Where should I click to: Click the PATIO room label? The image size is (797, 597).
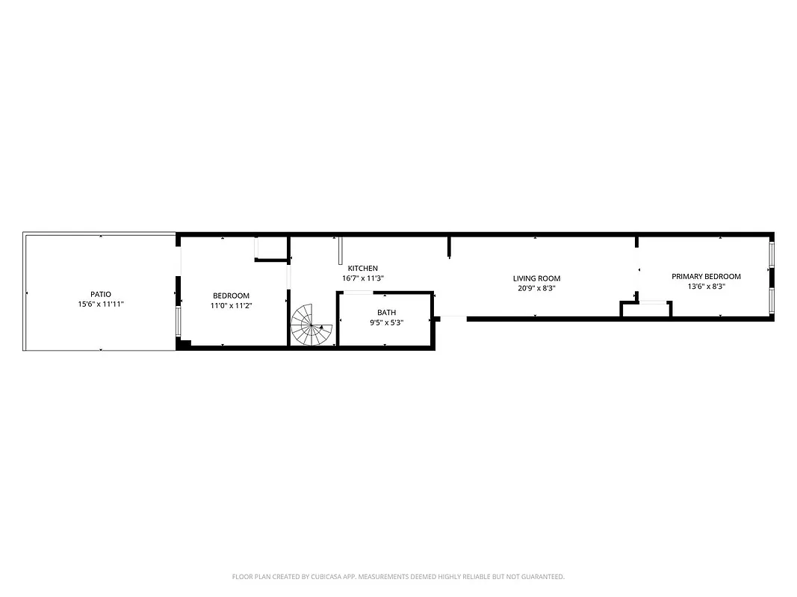101,294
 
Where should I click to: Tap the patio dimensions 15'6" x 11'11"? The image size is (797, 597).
101,304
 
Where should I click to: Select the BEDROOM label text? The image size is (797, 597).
231,296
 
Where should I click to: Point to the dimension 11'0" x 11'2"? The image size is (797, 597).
231,306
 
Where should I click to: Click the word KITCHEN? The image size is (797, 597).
362,268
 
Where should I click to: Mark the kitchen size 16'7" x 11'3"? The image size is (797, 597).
362,278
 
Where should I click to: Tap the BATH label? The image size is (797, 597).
386,313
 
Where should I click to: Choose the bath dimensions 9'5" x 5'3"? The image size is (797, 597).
386,323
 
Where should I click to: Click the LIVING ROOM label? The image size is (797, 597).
536,278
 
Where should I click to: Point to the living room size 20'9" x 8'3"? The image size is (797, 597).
536,289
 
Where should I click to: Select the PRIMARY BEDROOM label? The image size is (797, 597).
706,276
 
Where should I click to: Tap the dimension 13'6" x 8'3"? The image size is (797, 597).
706,287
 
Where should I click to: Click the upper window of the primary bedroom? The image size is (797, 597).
772,254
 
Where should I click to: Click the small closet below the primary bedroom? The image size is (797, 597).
646,309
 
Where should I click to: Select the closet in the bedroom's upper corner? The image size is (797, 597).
271,248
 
